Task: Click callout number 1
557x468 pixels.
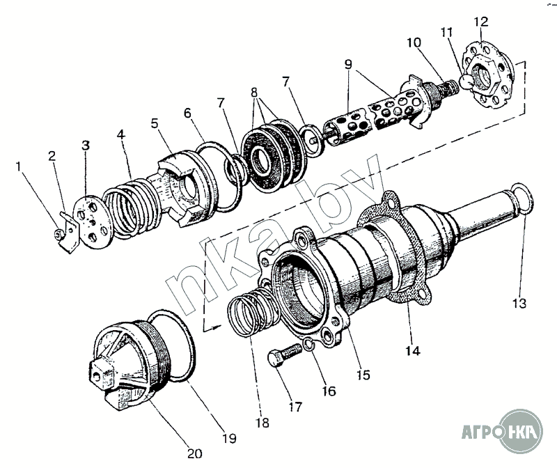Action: [19, 167]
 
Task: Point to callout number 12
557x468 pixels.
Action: [481, 22]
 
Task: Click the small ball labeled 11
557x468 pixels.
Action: [461, 84]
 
